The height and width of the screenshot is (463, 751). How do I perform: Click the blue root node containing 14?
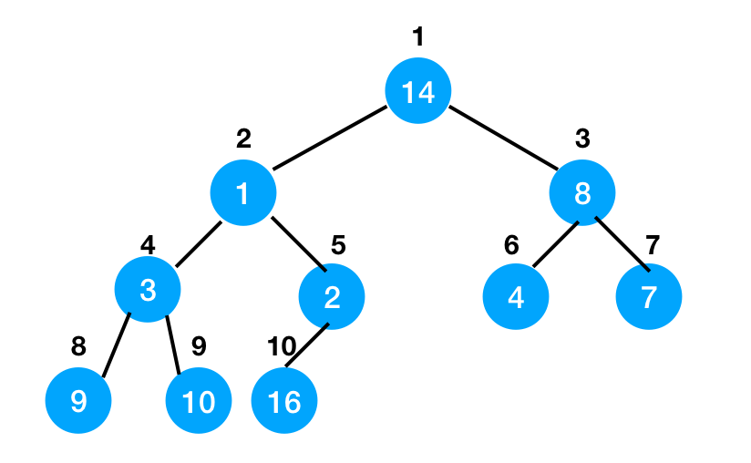pyautogui.click(x=418, y=90)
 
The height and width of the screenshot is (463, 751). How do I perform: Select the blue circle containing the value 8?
pyautogui.click(x=581, y=192)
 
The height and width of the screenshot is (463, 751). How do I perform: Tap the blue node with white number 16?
pyautogui.click(x=284, y=400)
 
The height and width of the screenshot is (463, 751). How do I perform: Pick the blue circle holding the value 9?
pyautogui.click(x=78, y=400)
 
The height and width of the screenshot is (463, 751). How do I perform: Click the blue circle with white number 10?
pyautogui.click(x=199, y=400)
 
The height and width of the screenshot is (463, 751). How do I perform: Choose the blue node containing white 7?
pyautogui.click(x=649, y=296)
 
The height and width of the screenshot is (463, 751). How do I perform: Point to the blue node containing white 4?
pyautogui.click(x=516, y=296)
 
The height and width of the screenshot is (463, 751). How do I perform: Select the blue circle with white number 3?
pyautogui.click(x=148, y=289)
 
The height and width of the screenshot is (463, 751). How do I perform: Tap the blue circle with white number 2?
pyautogui.click(x=332, y=296)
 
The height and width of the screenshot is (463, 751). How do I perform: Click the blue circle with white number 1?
pyautogui.click(x=243, y=192)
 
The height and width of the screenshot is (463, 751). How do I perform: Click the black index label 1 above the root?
pyautogui.click(x=418, y=36)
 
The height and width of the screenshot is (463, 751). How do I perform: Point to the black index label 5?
pyautogui.click(x=338, y=245)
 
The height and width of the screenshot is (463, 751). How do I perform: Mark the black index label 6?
pyautogui.click(x=511, y=245)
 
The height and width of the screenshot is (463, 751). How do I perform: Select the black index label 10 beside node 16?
pyautogui.click(x=282, y=346)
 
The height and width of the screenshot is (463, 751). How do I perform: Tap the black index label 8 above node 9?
pyautogui.click(x=78, y=346)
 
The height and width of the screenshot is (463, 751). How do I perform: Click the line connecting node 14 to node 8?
pyautogui.click(x=503, y=138)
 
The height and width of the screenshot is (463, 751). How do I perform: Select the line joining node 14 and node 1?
pyautogui.click(x=330, y=138)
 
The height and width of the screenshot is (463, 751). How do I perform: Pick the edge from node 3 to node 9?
pyautogui.click(x=116, y=345)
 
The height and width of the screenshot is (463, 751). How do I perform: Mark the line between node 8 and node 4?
pyautogui.click(x=556, y=244)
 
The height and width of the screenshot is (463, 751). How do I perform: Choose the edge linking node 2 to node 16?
pyautogui.click(x=307, y=345)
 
